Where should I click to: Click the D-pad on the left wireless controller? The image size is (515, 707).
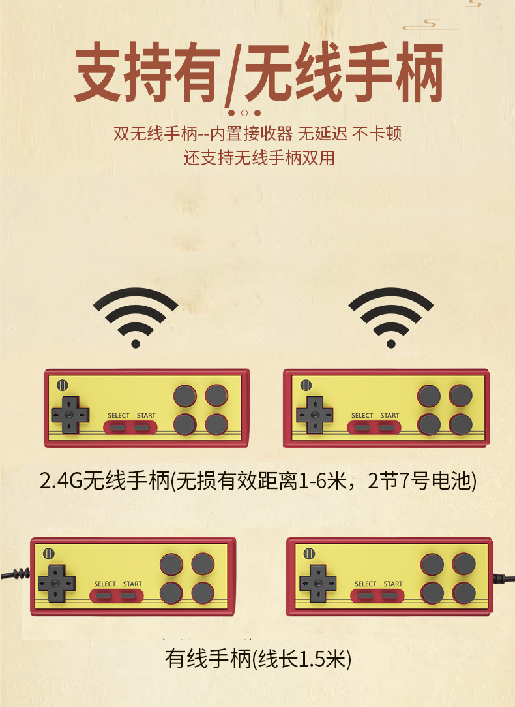tap(70, 415)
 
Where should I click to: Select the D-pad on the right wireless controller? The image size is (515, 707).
tap(314, 414)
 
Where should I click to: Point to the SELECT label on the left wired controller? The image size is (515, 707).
tap(105, 584)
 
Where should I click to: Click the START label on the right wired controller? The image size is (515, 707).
tap(393, 584)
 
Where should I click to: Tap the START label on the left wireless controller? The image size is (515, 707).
tap(146, 415)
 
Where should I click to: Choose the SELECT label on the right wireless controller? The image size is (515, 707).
tap(362, 415)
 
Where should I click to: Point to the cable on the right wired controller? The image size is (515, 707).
tap(503, 578)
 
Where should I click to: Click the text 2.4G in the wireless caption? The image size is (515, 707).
tap(61, 482)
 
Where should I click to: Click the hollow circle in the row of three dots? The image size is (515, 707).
tap(244, 113)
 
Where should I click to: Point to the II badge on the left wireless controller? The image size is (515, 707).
tap(63, 385)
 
